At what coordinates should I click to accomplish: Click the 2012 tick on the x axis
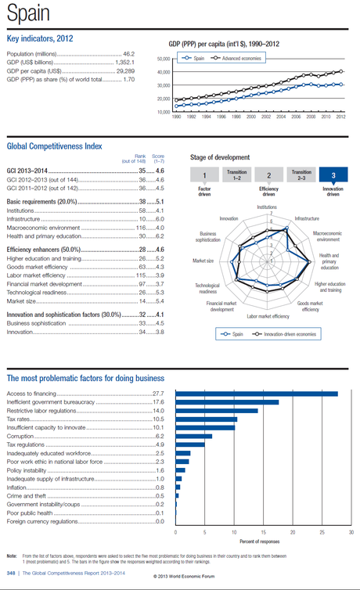(340, 117)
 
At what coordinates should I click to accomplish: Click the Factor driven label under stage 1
(204, 190)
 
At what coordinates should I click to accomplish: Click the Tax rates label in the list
(20, 419)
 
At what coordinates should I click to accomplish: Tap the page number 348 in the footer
(11, 573)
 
